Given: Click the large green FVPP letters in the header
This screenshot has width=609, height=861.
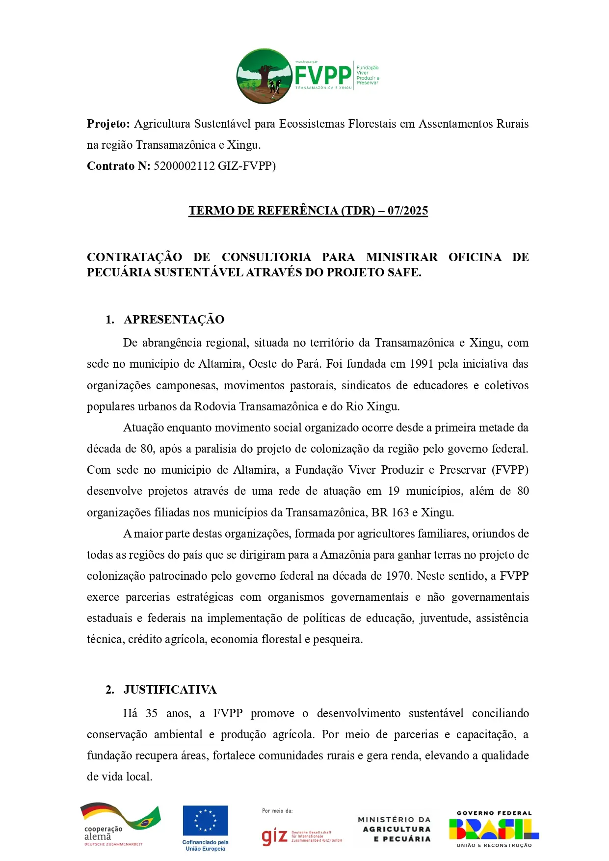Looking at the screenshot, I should [323, 75].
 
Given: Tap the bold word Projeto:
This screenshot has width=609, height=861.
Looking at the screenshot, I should [108, 124].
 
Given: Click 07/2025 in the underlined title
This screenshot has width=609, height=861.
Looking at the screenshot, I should [408, 211].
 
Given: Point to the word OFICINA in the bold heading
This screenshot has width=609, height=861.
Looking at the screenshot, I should [475, 257].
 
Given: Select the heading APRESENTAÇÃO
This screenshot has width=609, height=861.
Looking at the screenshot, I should [174, 320].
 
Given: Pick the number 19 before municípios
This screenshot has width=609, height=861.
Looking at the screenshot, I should [394, 491].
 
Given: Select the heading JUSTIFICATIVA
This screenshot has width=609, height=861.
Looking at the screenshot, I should [170, 690].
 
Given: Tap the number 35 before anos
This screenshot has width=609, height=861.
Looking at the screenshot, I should [152, 713].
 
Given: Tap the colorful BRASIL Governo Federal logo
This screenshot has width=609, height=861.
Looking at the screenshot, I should [494, 829].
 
